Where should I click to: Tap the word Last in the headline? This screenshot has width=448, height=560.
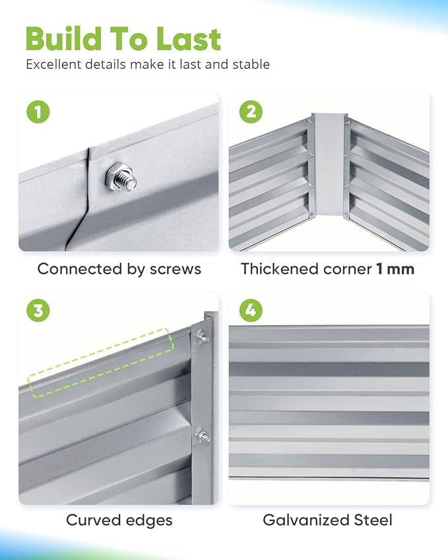tap(189, 39)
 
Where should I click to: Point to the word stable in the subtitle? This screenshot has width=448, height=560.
tap(251, 64)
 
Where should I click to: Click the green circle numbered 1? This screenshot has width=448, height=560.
tap(38, 111)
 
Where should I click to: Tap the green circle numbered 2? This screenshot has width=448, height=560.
tap(251, 111)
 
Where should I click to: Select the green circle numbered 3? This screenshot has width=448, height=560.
tap(38, 310)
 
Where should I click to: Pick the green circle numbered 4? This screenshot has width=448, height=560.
tap(251, 310)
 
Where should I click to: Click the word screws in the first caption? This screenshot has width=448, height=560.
tap(176, 269)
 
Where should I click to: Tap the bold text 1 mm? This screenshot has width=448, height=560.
tap(395, 269)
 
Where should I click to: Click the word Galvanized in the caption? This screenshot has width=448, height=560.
tap(305, 520)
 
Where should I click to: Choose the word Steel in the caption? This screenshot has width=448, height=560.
tap(373, 520)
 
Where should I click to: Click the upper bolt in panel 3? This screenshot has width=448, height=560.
tap(202, 337)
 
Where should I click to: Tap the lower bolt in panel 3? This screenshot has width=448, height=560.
tap(203, 437)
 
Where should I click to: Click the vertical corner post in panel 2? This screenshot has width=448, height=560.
tap(328, 164)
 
